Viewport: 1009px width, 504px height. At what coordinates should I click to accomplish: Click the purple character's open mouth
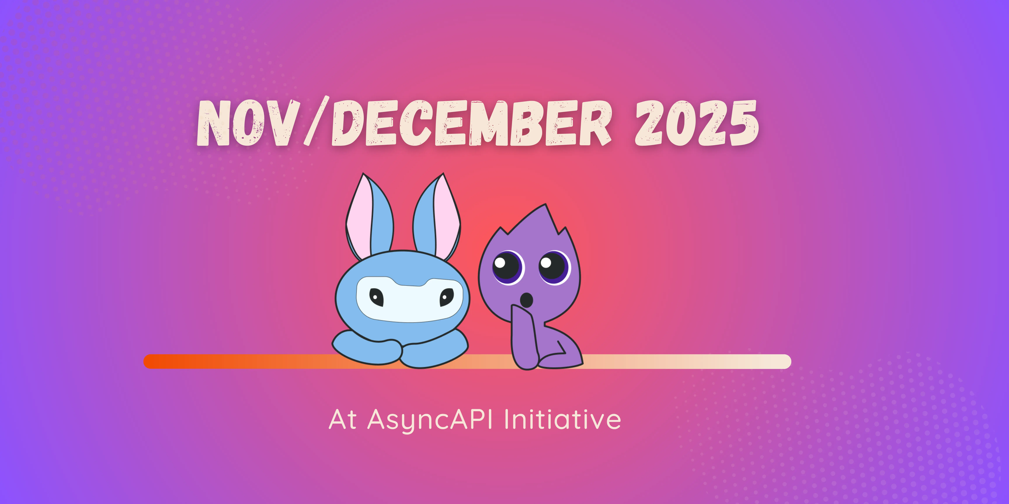[x=527, y=300]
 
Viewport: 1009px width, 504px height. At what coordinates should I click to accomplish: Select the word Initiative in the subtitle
[x=562, y=420]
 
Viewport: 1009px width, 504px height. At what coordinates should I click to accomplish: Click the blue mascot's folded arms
[x=400, y=350]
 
